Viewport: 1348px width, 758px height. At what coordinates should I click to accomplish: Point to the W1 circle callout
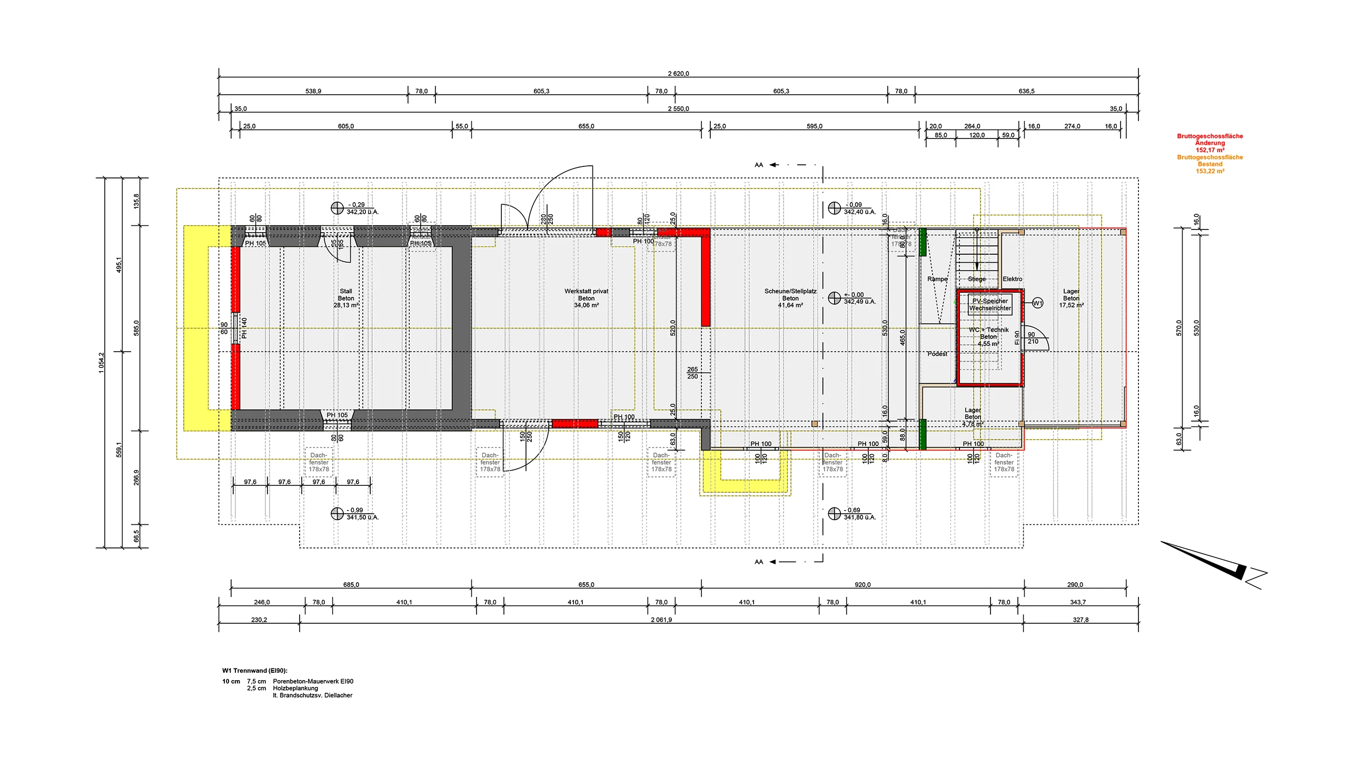click(x=1037, y=303)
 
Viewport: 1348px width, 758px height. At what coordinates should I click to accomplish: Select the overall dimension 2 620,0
click(x=678, y=74)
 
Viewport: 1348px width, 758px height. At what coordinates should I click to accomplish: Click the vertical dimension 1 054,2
click(x=101, y=363)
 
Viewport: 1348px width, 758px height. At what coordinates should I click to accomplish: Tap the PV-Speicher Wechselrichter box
click(x=990, y=305)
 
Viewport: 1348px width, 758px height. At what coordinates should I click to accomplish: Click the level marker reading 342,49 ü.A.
click(x=859, y=302)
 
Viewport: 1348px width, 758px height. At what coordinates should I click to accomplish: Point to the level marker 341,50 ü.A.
click(x=362, y=517)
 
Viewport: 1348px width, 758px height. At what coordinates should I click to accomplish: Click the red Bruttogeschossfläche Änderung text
click(x=1210, y=139)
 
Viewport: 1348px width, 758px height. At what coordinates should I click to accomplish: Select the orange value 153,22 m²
click(x=1210, y=171)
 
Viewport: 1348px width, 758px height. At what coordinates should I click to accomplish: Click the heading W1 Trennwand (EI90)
click(x=255, y=671)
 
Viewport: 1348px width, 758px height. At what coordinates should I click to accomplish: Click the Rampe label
click(x=937, y=279)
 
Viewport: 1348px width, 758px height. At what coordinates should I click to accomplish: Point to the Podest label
click(x=937, y=354)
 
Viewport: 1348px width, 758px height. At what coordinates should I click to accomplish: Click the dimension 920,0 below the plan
click(x=863, y=584)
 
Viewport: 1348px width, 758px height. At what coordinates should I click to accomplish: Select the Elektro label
click(x=1012, y=279)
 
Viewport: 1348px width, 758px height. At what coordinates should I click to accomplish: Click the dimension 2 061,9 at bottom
click(x=661, y=620)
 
